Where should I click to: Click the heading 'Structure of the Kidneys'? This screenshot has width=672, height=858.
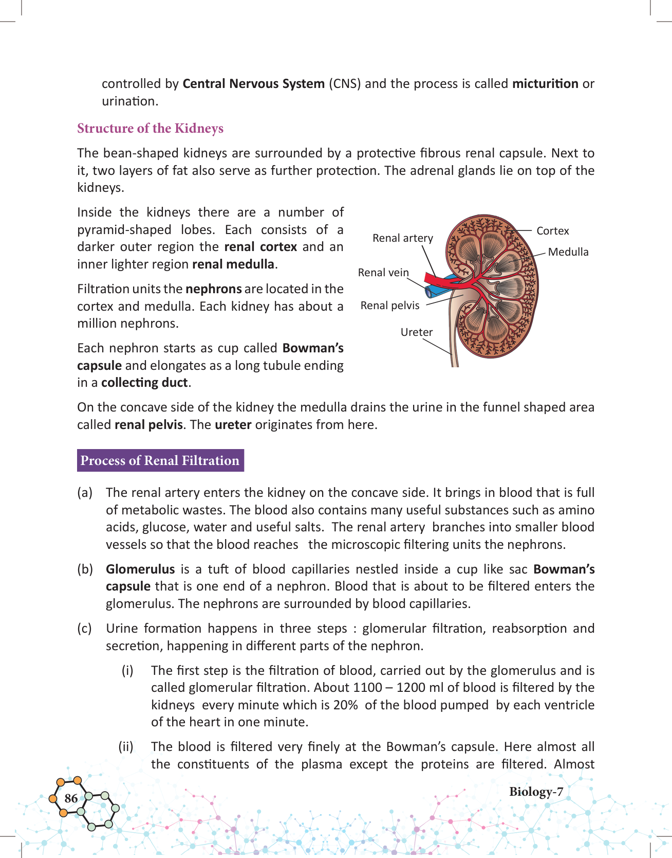click(150, 128)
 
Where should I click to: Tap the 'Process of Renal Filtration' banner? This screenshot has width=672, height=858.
click(160, 460)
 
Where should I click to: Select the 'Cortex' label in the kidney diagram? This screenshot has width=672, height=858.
click(552, 231)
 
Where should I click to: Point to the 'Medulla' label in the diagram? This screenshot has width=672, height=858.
click(568, 252)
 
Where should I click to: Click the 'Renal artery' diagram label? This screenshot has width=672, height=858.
click(402, 238)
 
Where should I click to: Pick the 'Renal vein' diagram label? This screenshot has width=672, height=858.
click(383, 273)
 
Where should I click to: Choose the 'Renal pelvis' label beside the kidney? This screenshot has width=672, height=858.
click(389, 306)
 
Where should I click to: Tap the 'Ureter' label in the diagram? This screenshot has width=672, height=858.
click(416, 332)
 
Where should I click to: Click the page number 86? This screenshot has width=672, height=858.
click(71, 798)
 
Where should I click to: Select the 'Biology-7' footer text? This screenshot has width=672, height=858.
click(536, 792)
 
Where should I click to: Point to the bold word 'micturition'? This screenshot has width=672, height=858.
click(545, 84)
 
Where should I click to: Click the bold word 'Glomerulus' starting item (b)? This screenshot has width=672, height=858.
click(140, 569)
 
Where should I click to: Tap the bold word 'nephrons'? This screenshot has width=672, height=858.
click(213, 289)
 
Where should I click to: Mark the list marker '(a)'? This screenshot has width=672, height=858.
click(85, 493)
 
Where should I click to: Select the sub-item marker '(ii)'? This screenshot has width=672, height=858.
click(126, 747)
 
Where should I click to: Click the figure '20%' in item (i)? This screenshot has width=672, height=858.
click(345, 705)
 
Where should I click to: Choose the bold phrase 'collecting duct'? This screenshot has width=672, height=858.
click(145, 383)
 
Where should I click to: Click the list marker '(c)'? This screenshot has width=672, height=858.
click(85, 629)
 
